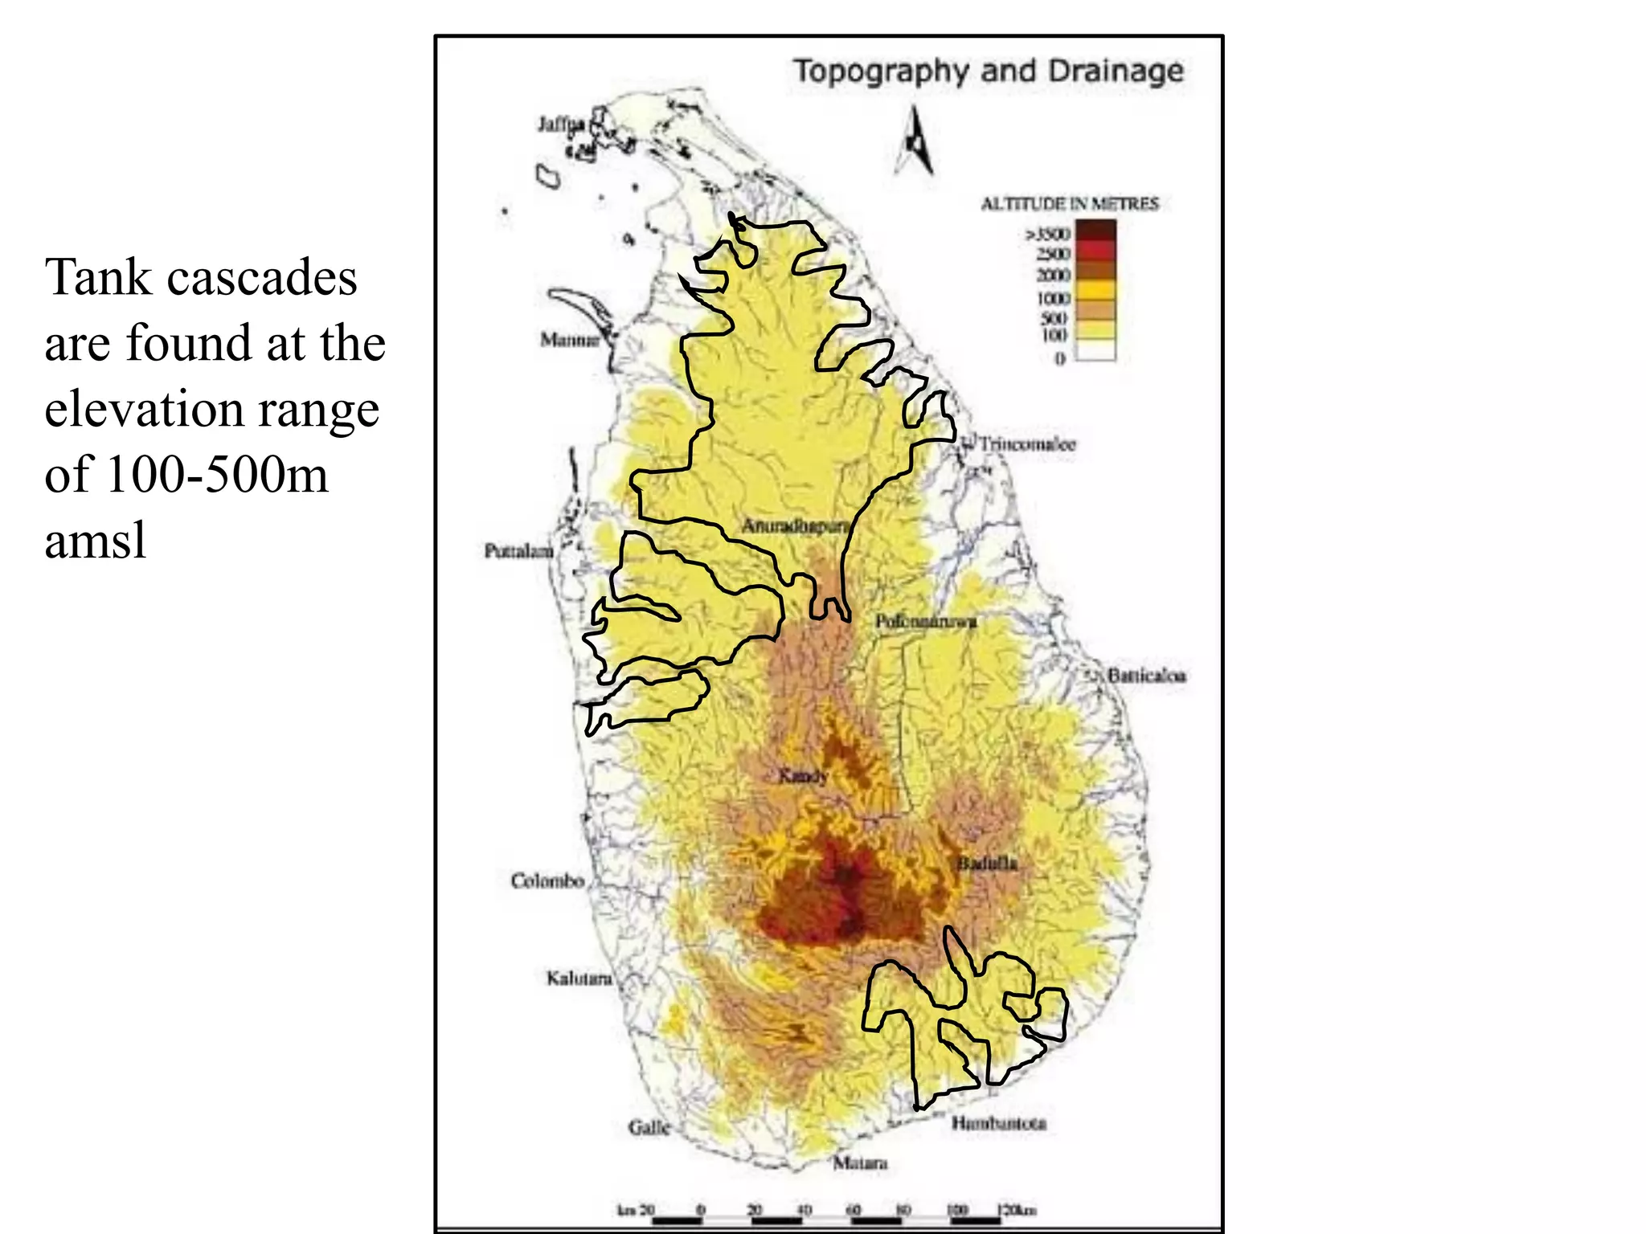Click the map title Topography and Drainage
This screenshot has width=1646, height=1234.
tap(989, 71)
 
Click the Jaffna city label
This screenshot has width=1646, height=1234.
tap(561, 124)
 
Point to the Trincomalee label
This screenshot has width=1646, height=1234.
tap(1026, 443)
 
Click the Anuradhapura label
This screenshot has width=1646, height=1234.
tap(795, 526)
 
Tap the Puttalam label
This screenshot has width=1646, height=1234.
tap(518, 550)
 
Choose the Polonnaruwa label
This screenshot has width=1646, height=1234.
tap(926, 621)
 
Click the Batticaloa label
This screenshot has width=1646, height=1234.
tap(1146, 676)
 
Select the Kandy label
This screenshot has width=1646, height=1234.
tap(803, 776)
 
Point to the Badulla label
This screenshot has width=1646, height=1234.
tap(987, 864)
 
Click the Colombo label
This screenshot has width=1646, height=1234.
tap(547, 881)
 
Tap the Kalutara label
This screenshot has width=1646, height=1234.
tap(579, 979)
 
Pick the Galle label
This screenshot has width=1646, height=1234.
tap(649, 1128)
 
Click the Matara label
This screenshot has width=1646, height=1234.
tap(860, 1162)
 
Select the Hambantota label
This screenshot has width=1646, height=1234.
tap(999, 1123)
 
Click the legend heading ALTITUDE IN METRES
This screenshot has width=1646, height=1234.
tap(1069, 204)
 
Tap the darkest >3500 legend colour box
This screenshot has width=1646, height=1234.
tap(1095, 231)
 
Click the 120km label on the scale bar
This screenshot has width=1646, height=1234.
tap(1016, 1210)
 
